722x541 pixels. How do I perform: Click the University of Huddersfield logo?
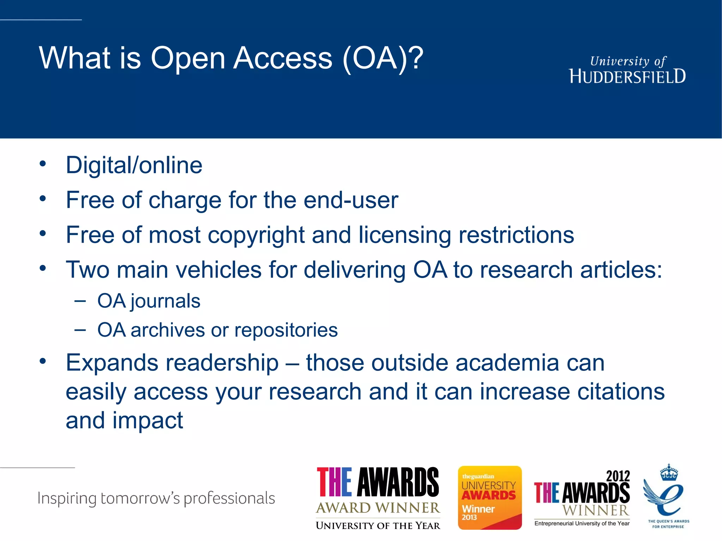628,70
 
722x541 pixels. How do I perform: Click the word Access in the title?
283,58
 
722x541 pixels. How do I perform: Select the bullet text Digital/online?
134,165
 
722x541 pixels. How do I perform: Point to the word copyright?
256,235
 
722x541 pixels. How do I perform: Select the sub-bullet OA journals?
149,301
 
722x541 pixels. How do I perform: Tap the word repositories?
286,330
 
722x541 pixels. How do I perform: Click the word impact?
148,421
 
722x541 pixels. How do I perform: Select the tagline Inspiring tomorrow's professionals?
156,498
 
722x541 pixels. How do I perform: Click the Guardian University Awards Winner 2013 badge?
490,497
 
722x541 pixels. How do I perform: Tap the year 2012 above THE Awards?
618,476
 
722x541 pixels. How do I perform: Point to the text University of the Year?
378,526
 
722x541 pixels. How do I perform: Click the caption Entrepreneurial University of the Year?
582,523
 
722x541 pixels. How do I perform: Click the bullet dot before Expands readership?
43,361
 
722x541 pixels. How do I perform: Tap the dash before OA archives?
80,330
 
